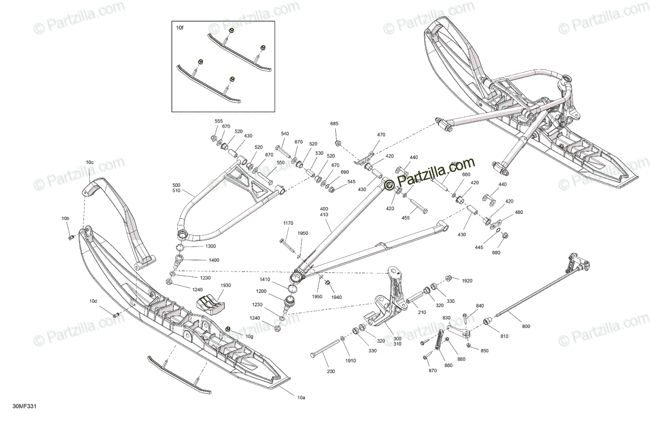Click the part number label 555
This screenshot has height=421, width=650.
(219, 121)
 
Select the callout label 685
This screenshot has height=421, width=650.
(334, 124)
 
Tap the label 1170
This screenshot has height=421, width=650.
(288, 223)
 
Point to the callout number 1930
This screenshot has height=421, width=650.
(226, 286)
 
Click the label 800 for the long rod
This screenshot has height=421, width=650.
(526, 326)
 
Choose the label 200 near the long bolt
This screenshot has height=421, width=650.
(331, 372)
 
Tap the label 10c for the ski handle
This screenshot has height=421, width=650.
(90, 162)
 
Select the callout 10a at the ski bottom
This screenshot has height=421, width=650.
(301, 398)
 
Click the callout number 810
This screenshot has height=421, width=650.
(504, 336)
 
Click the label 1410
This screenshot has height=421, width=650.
(265, 280)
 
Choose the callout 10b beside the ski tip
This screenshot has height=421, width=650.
(66, 218)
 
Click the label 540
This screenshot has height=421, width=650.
(285, 133)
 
